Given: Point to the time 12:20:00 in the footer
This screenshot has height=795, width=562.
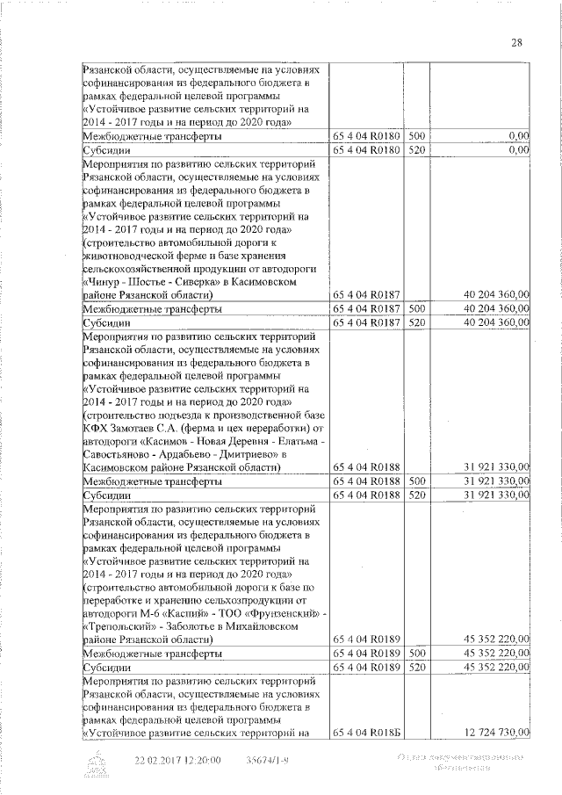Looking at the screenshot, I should coord(201,760).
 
